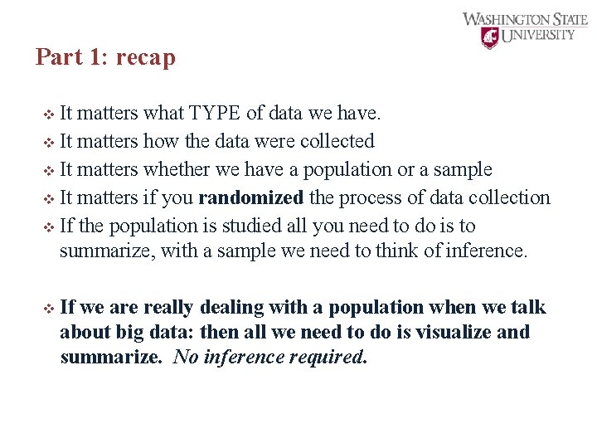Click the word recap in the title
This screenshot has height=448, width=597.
pos(146,58)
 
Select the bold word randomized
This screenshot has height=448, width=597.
pos(251,197)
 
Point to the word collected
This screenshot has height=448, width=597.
pos(337,141)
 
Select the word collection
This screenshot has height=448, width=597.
pos(508,197)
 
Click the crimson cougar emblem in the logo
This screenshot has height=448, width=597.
pos(491,37)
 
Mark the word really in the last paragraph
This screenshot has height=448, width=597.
pos(167,307)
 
